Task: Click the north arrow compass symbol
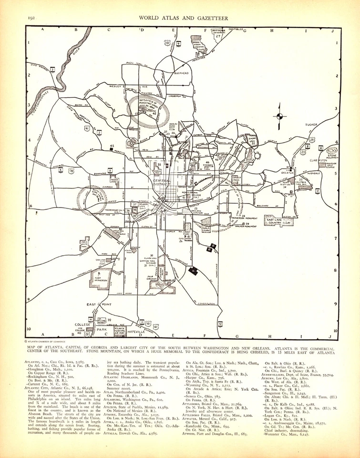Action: coord(280,115)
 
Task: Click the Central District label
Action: coord(165,180)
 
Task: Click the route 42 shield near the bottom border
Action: coord(220,323)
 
